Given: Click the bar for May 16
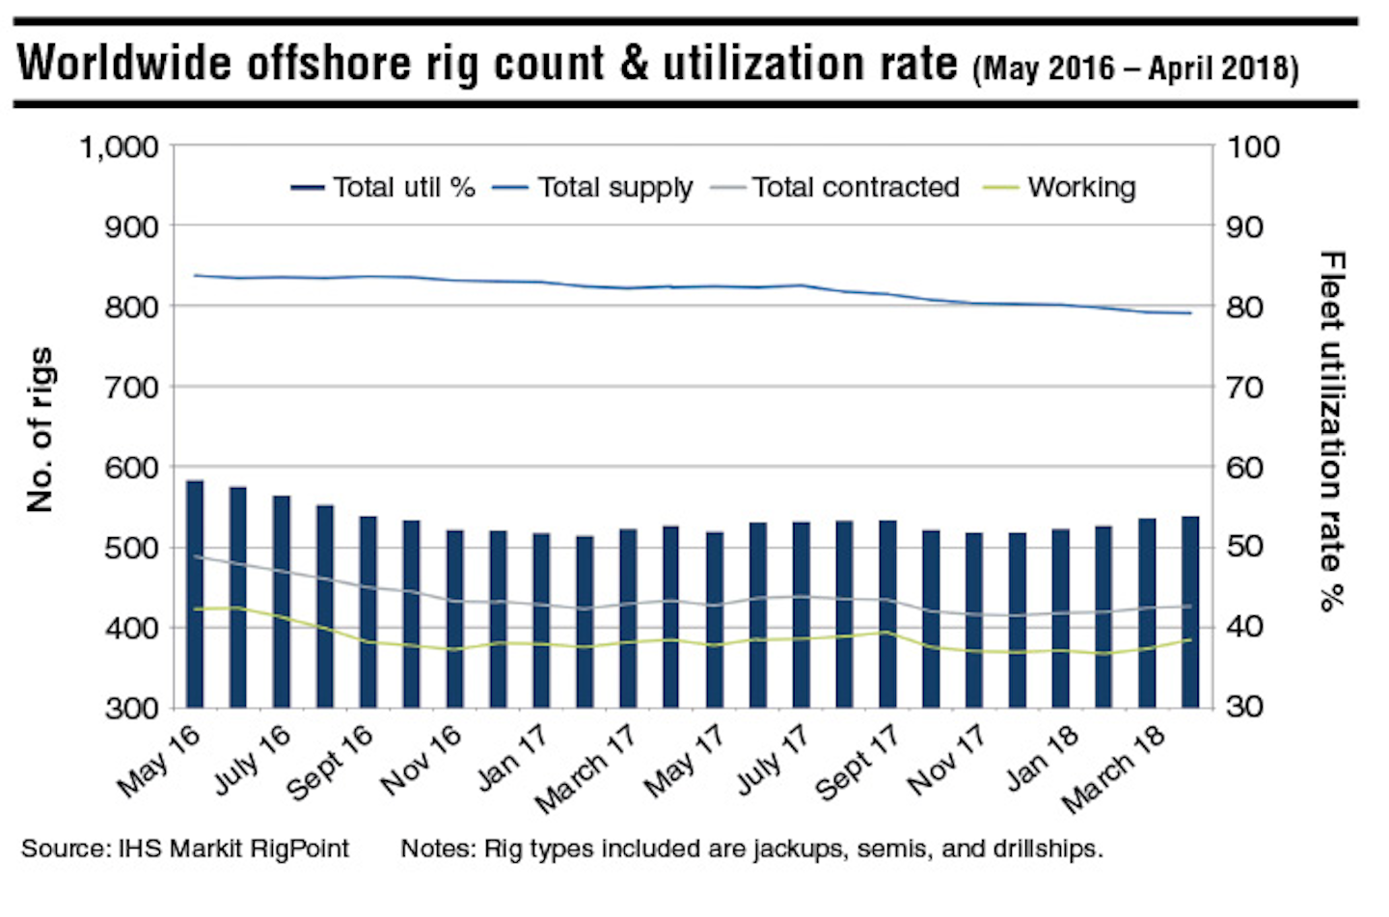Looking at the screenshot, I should coord(195,594).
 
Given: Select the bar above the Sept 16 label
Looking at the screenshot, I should coord(368,612).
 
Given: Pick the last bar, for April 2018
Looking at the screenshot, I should coord(1190,612).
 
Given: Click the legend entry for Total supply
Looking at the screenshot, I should coord(592,187).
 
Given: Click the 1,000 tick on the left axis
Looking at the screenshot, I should coord(119,148).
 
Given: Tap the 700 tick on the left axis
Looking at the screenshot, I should coord(131,388).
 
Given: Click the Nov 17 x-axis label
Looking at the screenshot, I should coord(947,762).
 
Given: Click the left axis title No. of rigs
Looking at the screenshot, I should coord(41,429).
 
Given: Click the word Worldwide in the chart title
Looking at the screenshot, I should coord(125,64).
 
